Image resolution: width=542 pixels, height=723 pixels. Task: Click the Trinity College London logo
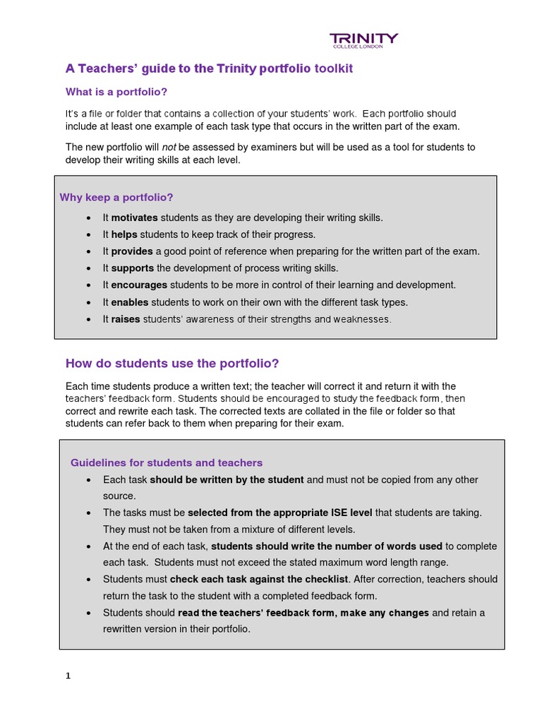coord(364,40)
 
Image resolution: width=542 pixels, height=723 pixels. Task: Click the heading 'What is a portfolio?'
coord(116,92)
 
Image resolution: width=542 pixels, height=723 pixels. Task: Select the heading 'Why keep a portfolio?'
coord(116,197)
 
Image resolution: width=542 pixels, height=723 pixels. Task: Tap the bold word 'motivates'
coord(134,217)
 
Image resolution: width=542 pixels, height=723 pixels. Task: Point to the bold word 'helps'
coord(124,234)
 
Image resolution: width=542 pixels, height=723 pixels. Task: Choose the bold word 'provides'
coord(132,251)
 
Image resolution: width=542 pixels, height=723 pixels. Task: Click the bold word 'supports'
coord(133,268)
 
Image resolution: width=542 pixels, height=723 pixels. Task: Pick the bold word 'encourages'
coord(139,285)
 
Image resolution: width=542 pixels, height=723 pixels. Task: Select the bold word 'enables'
coord(130,302)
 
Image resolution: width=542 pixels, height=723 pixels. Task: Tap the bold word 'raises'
coord(126,319)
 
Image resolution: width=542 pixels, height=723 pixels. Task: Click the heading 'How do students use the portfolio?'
coord(172,364)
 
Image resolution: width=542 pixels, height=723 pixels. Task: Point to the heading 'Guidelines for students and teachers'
coord(167,463)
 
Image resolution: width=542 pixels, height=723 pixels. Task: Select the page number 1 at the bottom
coord(68,676)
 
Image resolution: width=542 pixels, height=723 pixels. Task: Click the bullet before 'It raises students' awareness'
coord(88,320)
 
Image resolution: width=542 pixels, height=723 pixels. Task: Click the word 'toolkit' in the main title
coord(331,68)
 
